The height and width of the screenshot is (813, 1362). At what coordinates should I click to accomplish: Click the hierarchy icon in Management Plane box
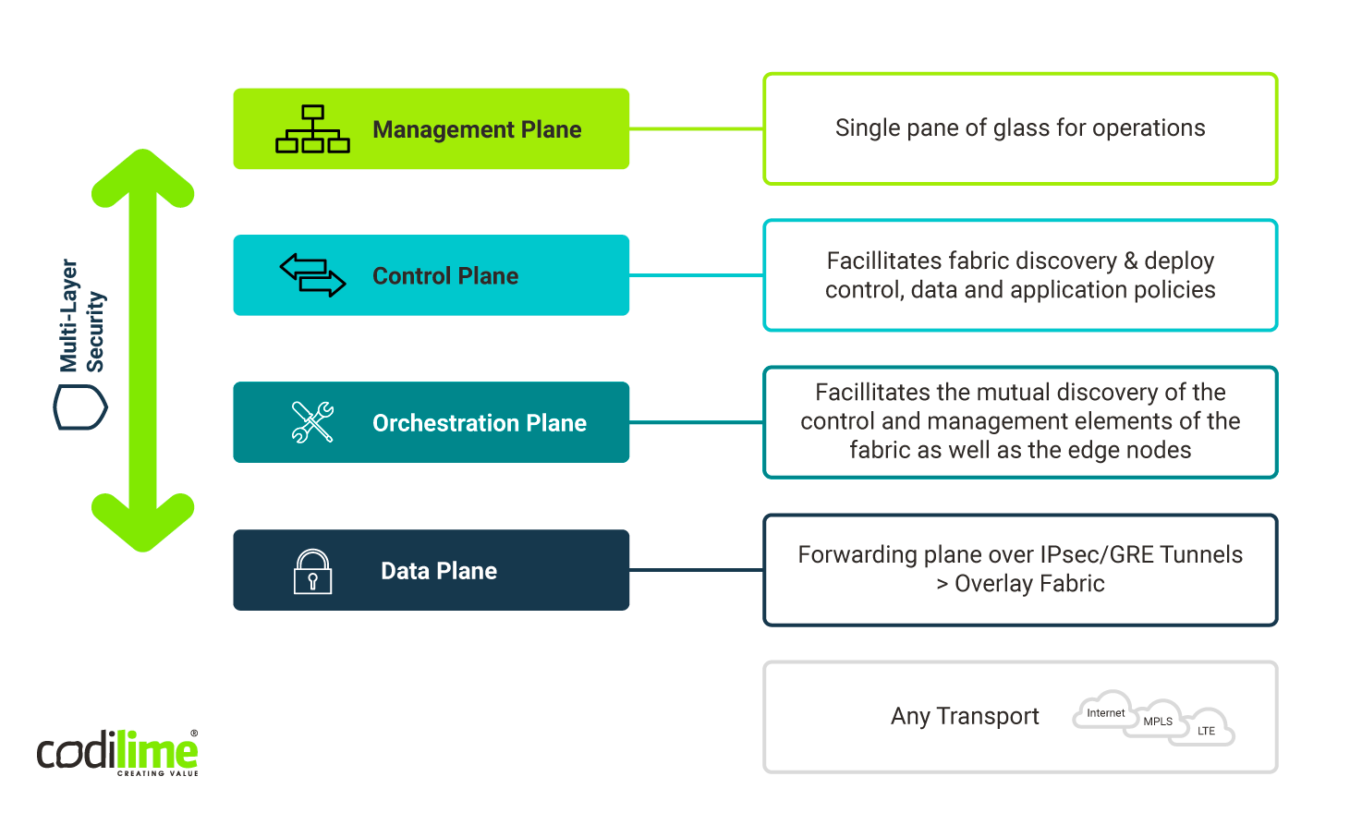tap(312, 129)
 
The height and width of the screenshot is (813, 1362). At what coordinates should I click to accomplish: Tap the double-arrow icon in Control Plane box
tap(312, 275)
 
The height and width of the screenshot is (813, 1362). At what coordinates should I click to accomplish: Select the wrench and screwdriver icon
tap(312, 422)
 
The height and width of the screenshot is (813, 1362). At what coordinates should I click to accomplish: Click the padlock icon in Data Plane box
tap(312, 571)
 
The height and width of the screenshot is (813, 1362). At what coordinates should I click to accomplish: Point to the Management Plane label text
tap(477, 130)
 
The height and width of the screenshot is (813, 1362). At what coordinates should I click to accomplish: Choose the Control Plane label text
tap(444, 276)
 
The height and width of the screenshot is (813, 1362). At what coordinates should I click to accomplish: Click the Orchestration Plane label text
tap(479, 423)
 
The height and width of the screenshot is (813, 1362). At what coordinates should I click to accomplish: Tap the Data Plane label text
tap(439, 571)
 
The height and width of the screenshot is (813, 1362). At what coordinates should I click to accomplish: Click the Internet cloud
tap(1104, 711)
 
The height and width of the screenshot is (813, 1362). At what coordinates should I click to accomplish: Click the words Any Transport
tap(965, 716)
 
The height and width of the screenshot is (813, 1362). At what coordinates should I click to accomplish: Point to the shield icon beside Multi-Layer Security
tap(80, 407)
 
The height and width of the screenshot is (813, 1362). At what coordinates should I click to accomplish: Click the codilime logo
tap(117, 752)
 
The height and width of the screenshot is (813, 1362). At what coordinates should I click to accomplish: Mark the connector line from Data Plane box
tap(696, 570)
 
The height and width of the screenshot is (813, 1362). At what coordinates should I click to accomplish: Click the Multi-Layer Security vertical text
tap(81, 315)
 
